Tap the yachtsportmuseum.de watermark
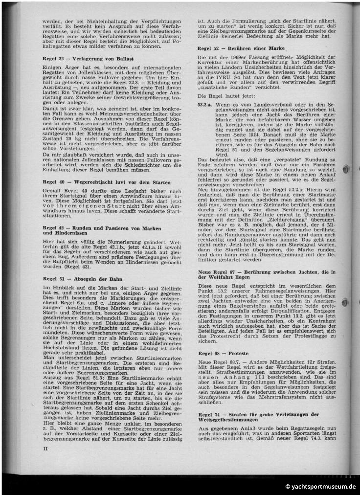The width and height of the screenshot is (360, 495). tap(320, 487)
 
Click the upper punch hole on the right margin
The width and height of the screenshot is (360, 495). tap(347, 169)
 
